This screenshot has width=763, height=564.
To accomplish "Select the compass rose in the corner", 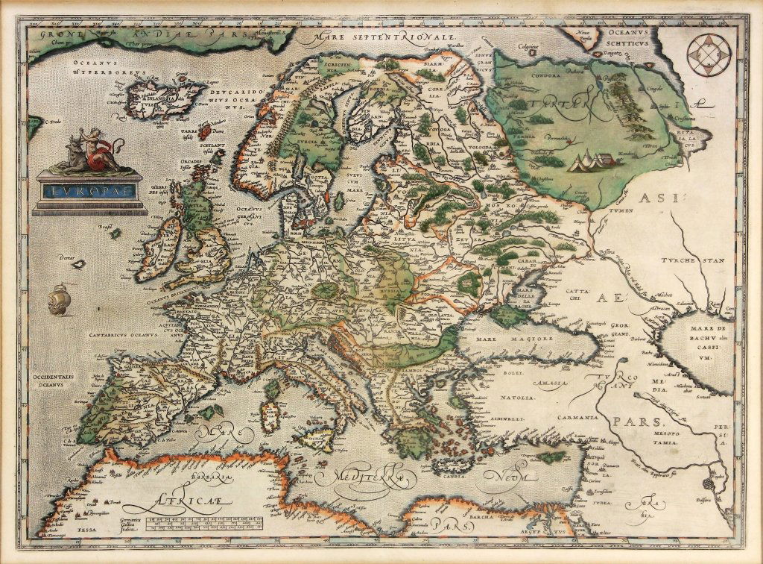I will pyautogui.click(x=706, y=56).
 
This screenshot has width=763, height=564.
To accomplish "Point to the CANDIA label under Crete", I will pyautogui.click(x=447, y=471).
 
